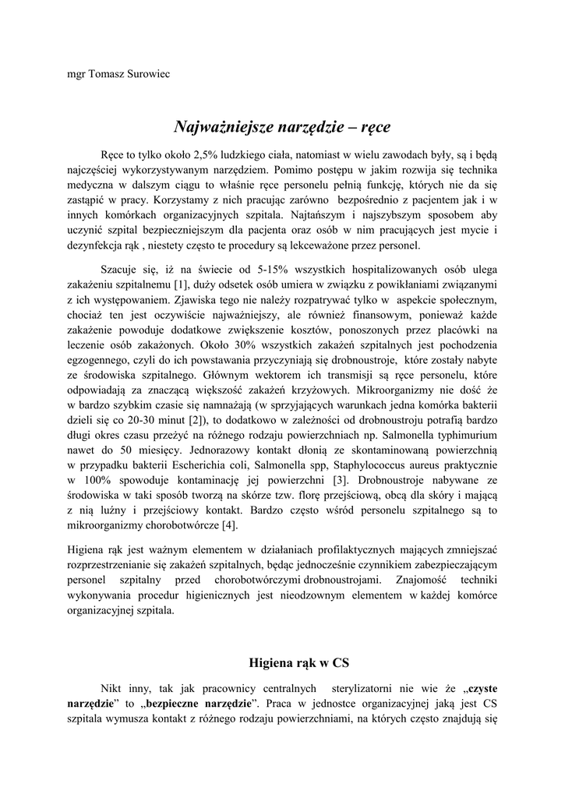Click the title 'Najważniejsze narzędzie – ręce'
(281, 126)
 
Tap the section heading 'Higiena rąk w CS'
(298, 663)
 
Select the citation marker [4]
(228, 525)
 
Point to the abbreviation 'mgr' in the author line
(77, 74)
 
